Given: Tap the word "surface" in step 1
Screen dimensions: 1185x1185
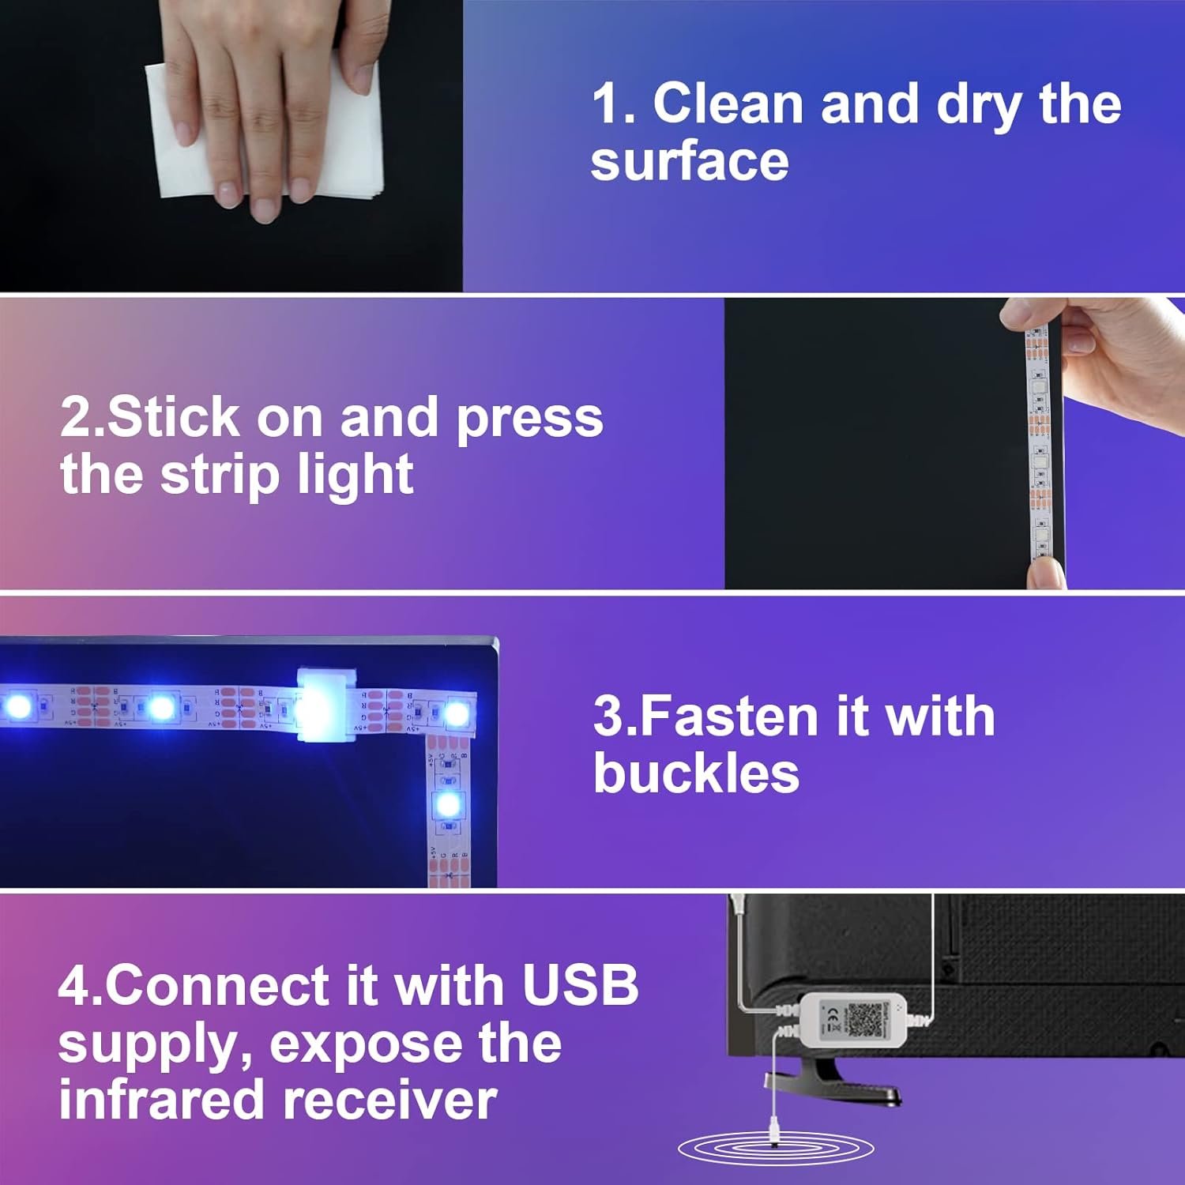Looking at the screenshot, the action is coord(690,161).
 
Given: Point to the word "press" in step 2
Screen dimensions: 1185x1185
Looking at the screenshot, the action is coord(529,421).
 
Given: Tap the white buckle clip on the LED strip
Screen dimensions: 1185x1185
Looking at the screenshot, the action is coord(326,705).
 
